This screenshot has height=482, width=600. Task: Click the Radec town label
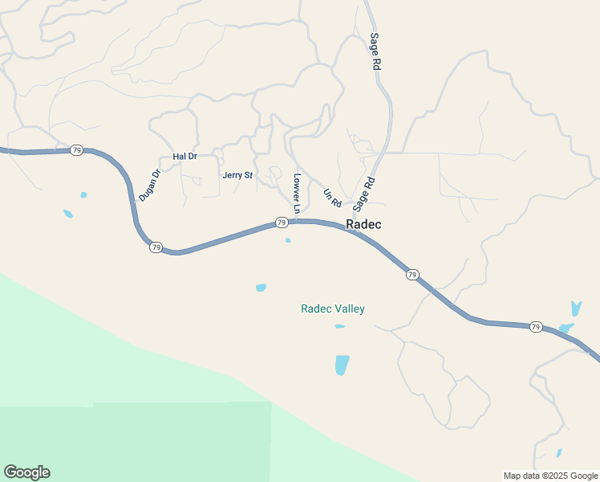click(x=363, y=225)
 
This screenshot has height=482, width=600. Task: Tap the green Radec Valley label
click(x=333, y=308)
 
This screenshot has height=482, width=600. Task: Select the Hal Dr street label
click(x=184, y=156)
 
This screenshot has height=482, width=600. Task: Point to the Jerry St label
click(x=237, y=175)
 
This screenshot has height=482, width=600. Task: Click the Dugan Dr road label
click(x=150, y=185)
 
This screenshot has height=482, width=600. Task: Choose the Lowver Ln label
click(x=297, y=194)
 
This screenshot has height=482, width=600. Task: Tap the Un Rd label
click(x=332, y=196)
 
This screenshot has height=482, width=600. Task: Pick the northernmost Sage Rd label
click(x=375, y=52)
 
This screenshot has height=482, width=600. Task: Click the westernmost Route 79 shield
click(x=76, y=150)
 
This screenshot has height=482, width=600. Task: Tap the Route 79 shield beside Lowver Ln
click(x=282, y=222)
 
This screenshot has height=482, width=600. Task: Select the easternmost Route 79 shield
click(x=536, y=326)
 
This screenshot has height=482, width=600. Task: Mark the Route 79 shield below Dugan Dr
click(x=156, y=247)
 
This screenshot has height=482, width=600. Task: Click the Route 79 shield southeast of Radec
click(x=412, y=275)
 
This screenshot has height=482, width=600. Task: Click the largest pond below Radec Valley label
click(x=342, y=365)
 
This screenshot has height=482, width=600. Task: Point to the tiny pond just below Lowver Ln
click(x=288, y=239)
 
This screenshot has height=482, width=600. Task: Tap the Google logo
click(x=26, y=472)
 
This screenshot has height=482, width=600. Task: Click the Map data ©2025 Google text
click(x=550, y=476)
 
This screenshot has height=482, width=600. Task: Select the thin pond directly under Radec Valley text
click(x=339, y=326)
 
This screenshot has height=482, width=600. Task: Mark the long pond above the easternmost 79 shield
click(x=575, y=308)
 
